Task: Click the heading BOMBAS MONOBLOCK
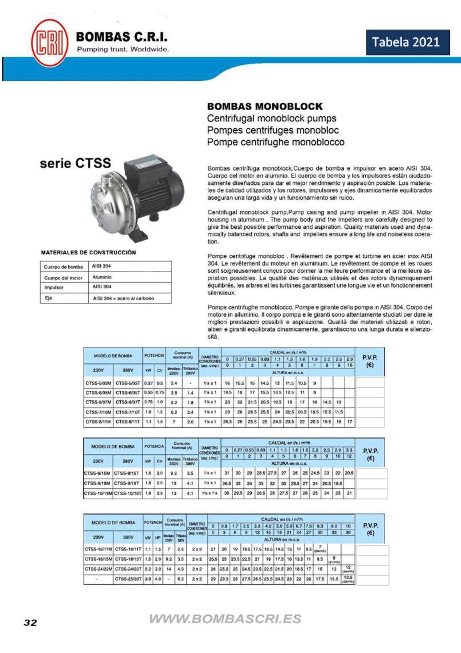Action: [265, 107]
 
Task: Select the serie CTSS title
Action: [75, 163]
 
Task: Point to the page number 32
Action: [30, 622]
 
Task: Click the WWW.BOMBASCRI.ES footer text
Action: [225, 619]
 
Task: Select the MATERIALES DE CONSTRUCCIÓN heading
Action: [88, 253]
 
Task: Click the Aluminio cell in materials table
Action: [102, 277]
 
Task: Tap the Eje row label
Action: [48, 298]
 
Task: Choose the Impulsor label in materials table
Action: [54, 287]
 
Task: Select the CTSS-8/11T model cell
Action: [128, 422]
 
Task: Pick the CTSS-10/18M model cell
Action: [98, 493]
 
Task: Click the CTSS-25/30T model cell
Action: [128, 579]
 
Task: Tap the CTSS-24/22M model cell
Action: [98, 569]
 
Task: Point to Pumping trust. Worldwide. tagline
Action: [123, 49]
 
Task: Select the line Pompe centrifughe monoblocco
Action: [276, 142]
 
